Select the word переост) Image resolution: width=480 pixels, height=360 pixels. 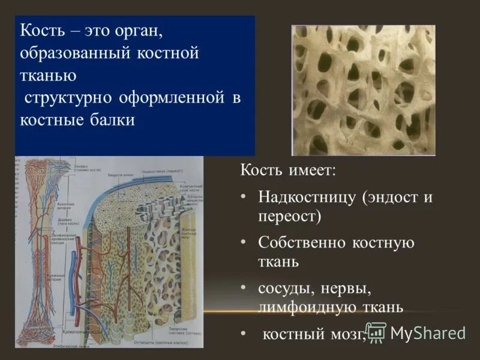click(289, 216)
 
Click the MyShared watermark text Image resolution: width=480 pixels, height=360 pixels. click(428, 334)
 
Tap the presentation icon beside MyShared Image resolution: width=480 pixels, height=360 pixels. click(376, 332)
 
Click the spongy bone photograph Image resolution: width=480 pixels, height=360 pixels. click(363, 90)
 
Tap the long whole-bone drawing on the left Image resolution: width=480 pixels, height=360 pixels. click(40, 252)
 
